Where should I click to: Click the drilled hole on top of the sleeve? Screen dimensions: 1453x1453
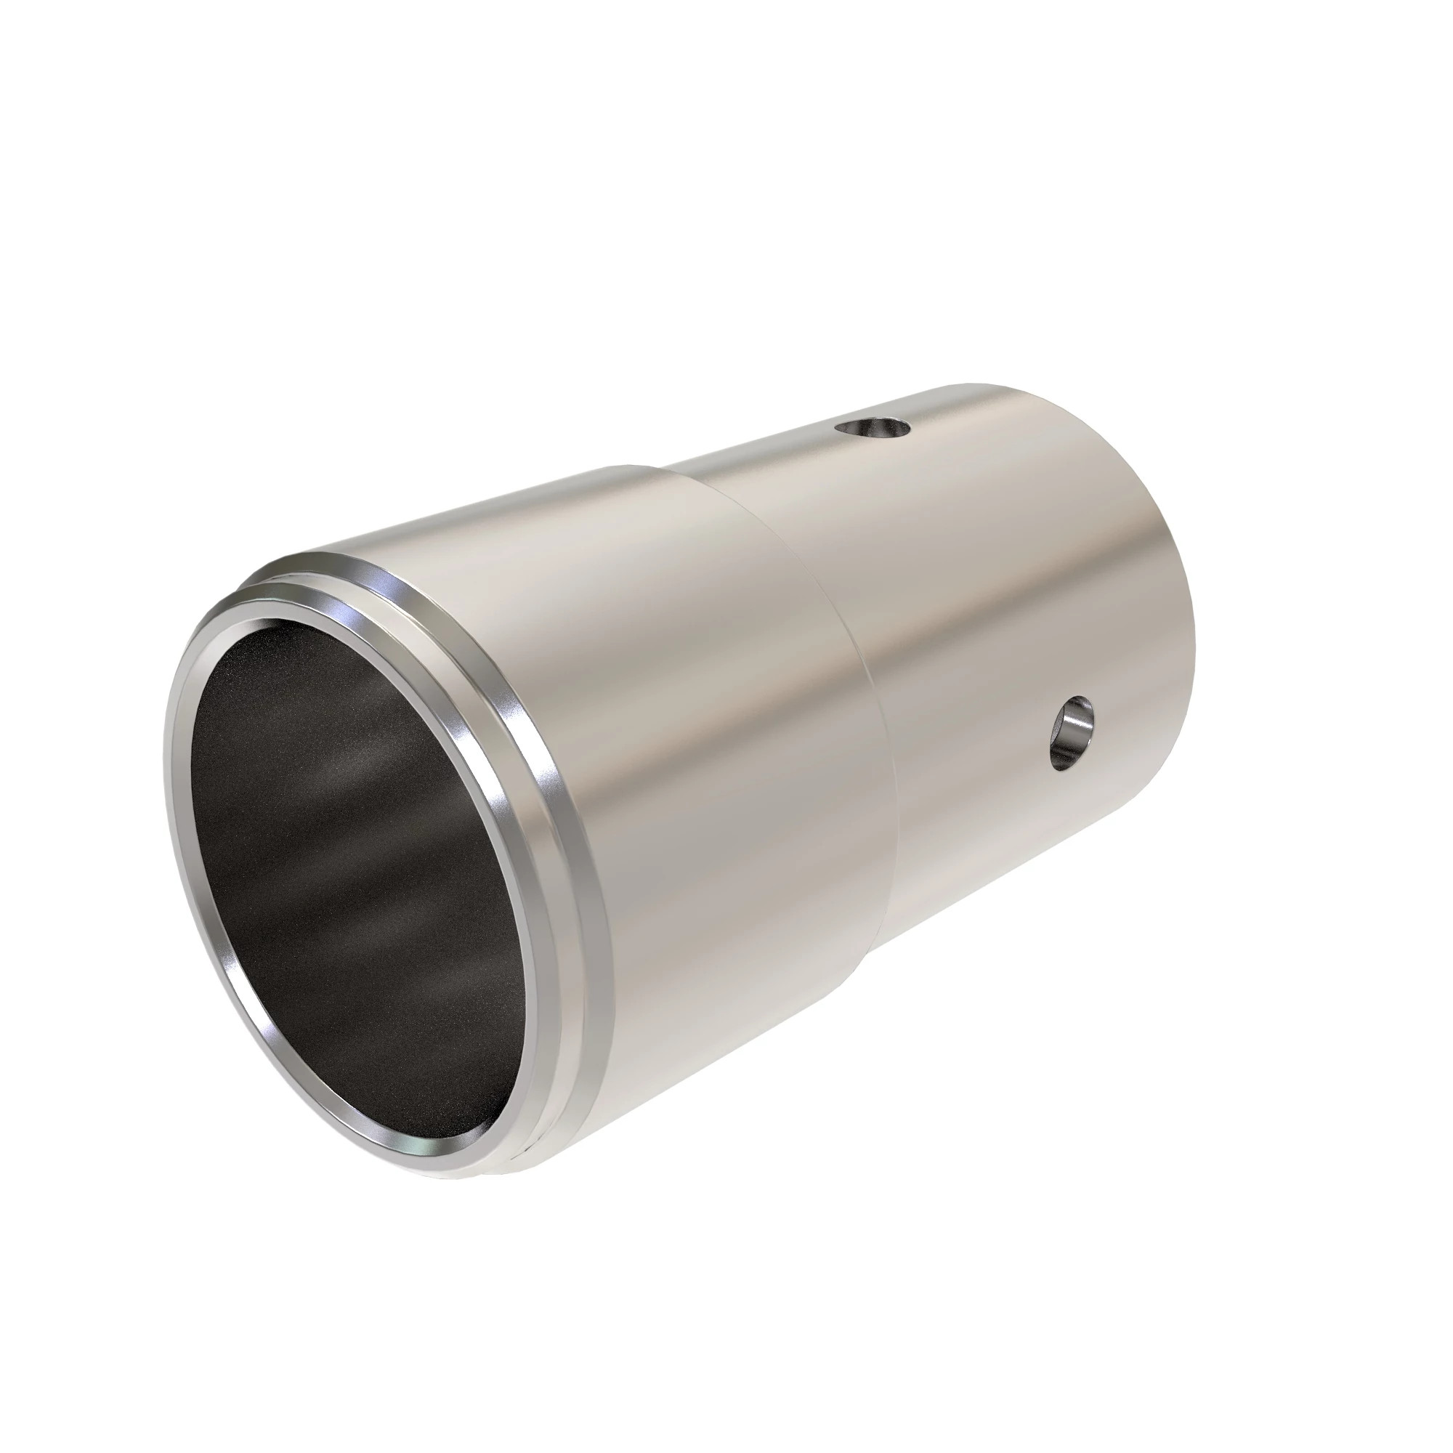873,430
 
